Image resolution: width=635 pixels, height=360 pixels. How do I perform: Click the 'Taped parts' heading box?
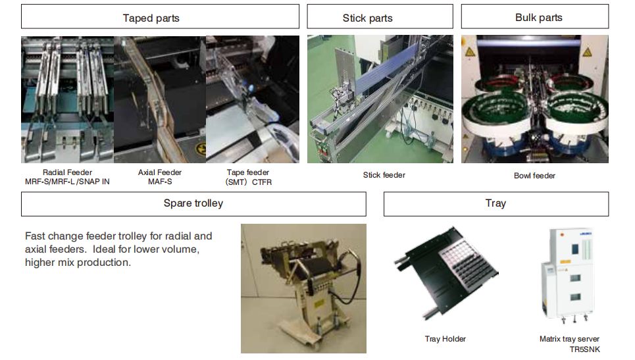[151, 18]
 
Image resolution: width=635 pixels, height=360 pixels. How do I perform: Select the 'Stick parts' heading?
[367, 18]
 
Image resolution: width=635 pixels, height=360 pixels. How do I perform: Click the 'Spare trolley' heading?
[193, 203]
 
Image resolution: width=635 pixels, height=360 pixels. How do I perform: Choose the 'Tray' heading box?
[495, 203]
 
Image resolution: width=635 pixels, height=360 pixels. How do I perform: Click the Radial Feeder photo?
[67, 99]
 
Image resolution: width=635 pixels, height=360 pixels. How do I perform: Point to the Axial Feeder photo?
[160, 99]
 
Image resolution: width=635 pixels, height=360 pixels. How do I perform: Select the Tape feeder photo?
[253, 99]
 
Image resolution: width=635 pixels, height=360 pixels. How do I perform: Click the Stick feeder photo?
[380, 99]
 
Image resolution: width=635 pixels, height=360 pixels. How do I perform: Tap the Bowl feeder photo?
[534, 99]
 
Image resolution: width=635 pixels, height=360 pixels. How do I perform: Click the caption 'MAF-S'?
[160, 182]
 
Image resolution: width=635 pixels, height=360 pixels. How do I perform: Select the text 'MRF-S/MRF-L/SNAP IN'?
[67, 182]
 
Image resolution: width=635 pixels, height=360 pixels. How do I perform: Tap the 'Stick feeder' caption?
[384, 175]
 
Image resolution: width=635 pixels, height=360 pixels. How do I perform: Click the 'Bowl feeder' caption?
[534, 176]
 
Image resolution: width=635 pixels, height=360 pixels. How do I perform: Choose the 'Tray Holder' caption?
[445, 339]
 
